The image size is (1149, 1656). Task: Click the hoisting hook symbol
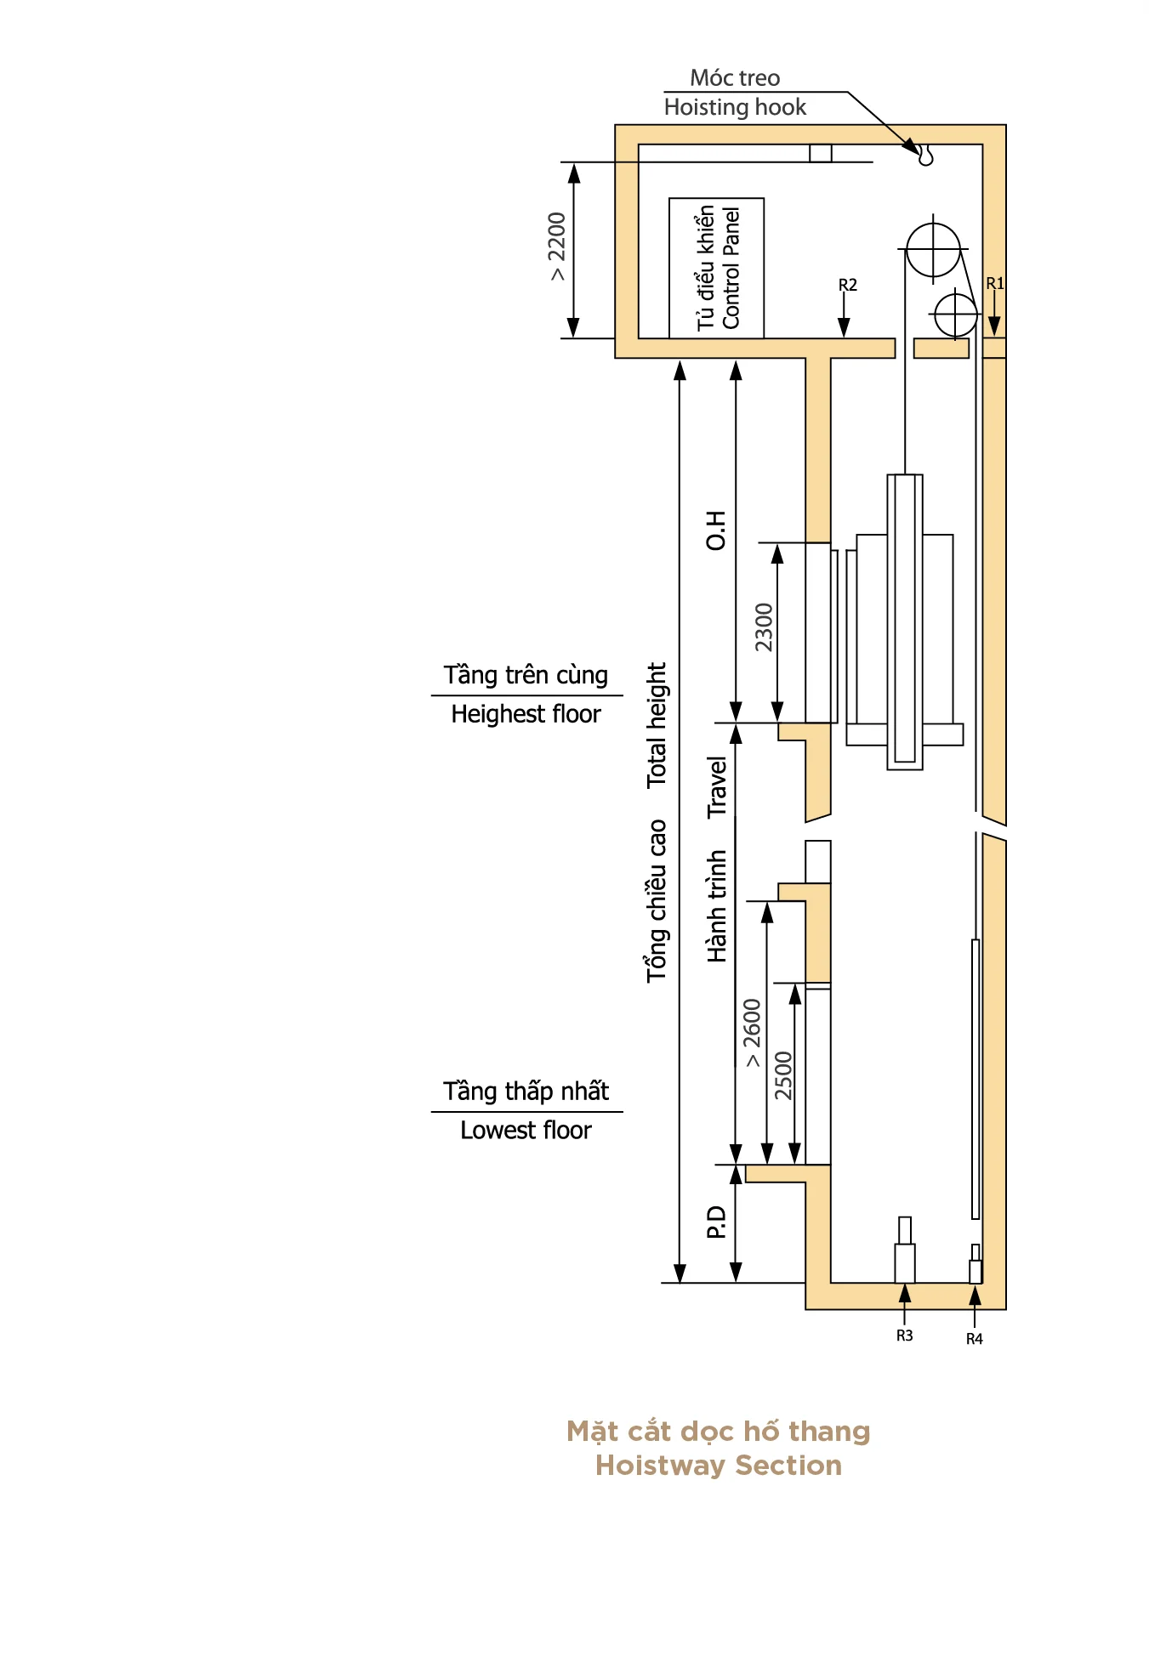[x=925, y=155]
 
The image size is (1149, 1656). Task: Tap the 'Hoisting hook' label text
[x=735, y=107]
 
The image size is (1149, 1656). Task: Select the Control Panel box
[x=716, y=268]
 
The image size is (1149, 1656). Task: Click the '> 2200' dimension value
[x=556, y=247]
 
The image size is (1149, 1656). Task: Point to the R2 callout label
[x=848, y=285]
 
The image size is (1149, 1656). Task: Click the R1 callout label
[x=995, y=283]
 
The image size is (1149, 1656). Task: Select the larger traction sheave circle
[x=933, y=249]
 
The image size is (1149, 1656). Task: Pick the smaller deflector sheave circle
[x=956, y=315]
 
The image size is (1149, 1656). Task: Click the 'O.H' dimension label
[x=716, y=530]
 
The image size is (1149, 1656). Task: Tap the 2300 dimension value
[x=764, y=627]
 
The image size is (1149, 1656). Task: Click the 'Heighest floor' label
[x=526, y=714]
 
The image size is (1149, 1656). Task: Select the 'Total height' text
[x=657, y=725]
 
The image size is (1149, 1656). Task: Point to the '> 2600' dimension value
[x=753, y=1033]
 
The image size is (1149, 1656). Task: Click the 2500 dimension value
[x=783, y=1075]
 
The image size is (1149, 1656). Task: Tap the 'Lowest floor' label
[x=526, y=1131]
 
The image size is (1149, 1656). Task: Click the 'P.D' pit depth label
[x=716, y=1222]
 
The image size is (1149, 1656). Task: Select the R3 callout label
[x=904, y=1336]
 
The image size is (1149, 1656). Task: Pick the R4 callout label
[x=975, y=1339]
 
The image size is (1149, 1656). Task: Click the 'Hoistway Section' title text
[x=719, y=1465]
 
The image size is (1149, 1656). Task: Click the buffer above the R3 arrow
[x=905, y=1250]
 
